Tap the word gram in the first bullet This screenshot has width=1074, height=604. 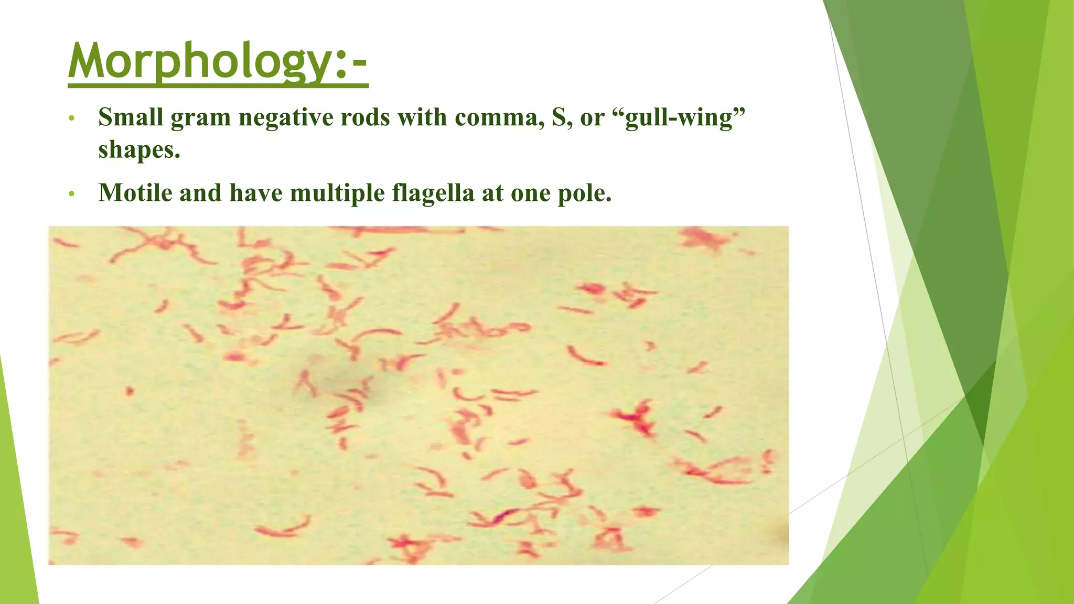(201, 117)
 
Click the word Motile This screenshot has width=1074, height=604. (135, 193)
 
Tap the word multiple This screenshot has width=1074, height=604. (337, 193)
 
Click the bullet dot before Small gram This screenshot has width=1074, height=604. (72, 118)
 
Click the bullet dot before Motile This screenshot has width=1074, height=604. (72, 195)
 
